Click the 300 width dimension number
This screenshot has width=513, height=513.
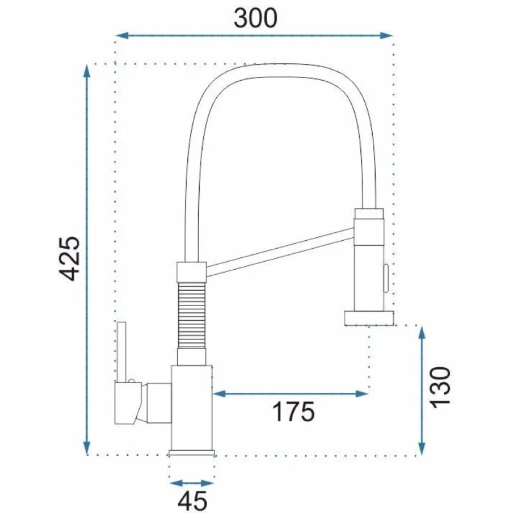[255, 18]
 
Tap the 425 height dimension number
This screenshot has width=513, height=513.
[69, 259]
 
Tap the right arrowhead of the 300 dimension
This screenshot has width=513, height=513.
[386, 35]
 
